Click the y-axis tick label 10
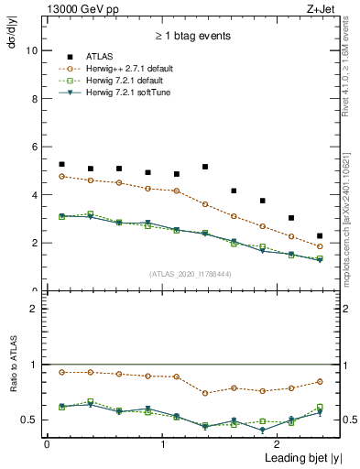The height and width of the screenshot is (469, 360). coord(31,51)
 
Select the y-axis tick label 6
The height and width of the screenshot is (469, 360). coord(34,147)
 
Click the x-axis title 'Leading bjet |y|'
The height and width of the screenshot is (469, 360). coord(274,457)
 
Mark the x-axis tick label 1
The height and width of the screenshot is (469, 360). coord(163,443)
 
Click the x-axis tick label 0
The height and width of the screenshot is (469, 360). coord(47,443)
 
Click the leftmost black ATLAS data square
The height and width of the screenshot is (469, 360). coord(61,139)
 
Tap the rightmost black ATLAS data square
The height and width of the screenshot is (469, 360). coord(320,236)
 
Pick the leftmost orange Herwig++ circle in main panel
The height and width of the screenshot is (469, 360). coord(61,176)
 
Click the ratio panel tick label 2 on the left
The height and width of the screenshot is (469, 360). coord(34,309)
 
